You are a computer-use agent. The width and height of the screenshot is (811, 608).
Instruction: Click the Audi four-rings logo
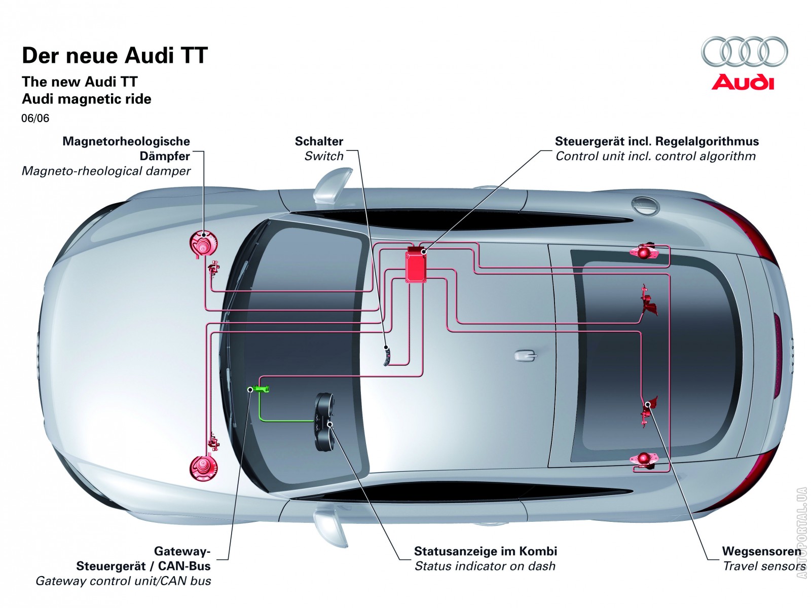click(744, 52)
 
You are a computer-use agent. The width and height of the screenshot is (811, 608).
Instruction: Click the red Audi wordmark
click(743, 82)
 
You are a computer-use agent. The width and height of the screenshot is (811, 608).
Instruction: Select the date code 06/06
click(35, 119)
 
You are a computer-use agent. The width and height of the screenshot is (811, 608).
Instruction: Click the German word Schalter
click(319, 141)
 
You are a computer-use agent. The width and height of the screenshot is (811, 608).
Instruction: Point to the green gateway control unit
click(261, 389)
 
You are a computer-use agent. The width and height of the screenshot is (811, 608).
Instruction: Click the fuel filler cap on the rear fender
click(645, 205)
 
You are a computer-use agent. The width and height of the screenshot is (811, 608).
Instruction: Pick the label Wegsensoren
click(761, 551)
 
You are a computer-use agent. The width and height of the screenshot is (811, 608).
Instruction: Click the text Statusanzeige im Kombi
click(485, 551)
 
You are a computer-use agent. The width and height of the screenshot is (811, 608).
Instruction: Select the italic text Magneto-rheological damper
click(106, 171)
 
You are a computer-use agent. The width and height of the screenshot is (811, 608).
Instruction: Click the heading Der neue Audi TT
click(115, 56)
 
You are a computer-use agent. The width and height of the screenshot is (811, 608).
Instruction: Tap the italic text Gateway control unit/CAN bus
click(123, 581)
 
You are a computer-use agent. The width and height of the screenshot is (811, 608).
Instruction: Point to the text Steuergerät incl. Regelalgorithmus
click(656, 141)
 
